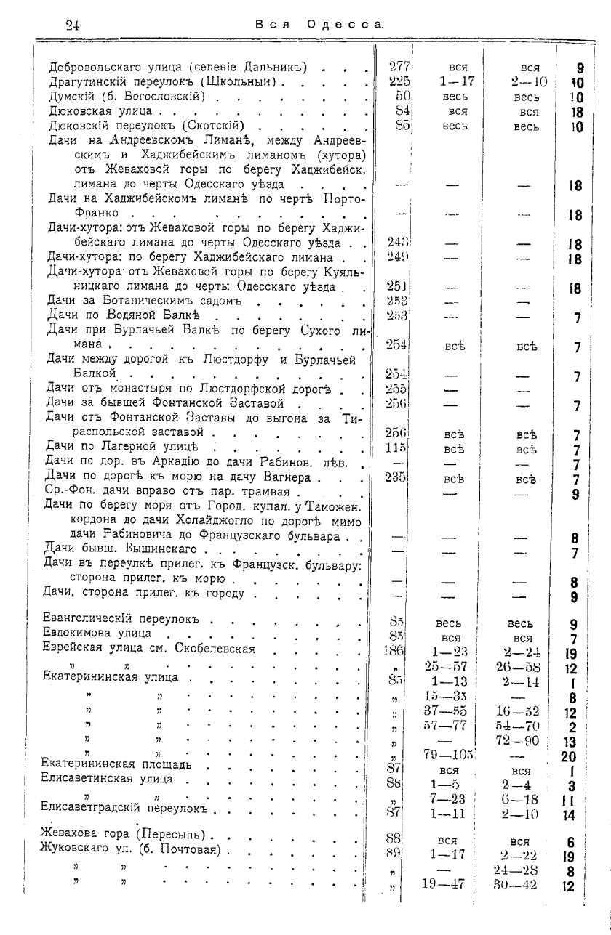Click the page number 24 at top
click(72, 23)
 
